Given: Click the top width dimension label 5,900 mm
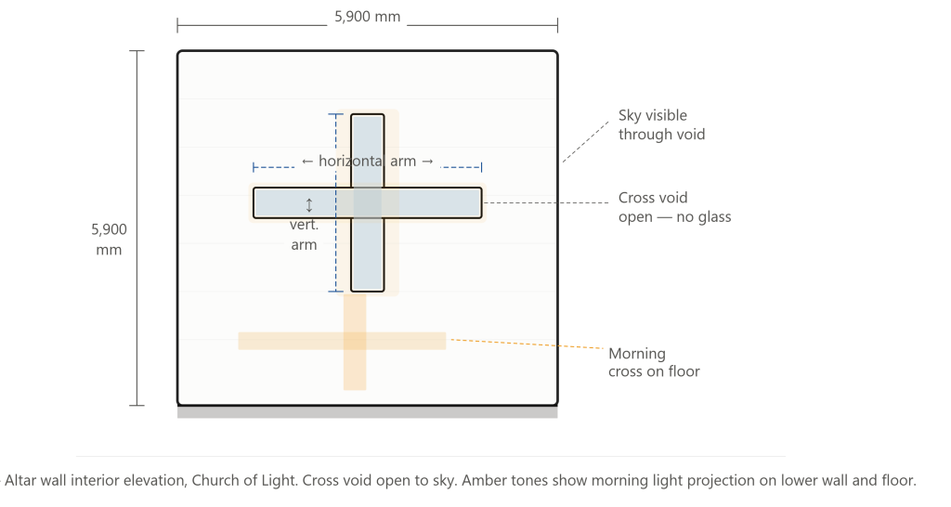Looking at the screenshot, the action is click(368, 17).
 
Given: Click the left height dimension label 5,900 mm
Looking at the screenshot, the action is click(110, 240).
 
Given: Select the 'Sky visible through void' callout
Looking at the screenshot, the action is click(661, 124).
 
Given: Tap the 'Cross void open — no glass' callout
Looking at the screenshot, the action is click(674, 207).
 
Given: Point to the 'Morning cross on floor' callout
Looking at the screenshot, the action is click(654, 362).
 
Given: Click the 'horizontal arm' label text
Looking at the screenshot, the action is click(368, 161).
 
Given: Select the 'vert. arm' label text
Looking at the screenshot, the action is click(304, 235).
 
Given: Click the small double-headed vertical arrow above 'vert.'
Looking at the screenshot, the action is click(309, 205).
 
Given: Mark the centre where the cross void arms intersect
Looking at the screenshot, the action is click(368, 202).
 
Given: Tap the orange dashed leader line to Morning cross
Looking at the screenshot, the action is click(528, 344).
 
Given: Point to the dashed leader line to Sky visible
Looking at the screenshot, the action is click(585, 142).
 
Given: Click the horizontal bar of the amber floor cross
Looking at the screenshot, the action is click(342, 341).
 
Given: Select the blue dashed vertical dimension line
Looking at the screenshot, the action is click(336, 202).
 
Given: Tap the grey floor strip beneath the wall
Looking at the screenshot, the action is click(368, 412).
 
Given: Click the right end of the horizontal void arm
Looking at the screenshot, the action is click(482, 202).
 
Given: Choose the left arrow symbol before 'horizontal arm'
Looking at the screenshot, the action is click(307, 162).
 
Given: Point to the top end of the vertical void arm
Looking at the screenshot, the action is click(368, 114).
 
